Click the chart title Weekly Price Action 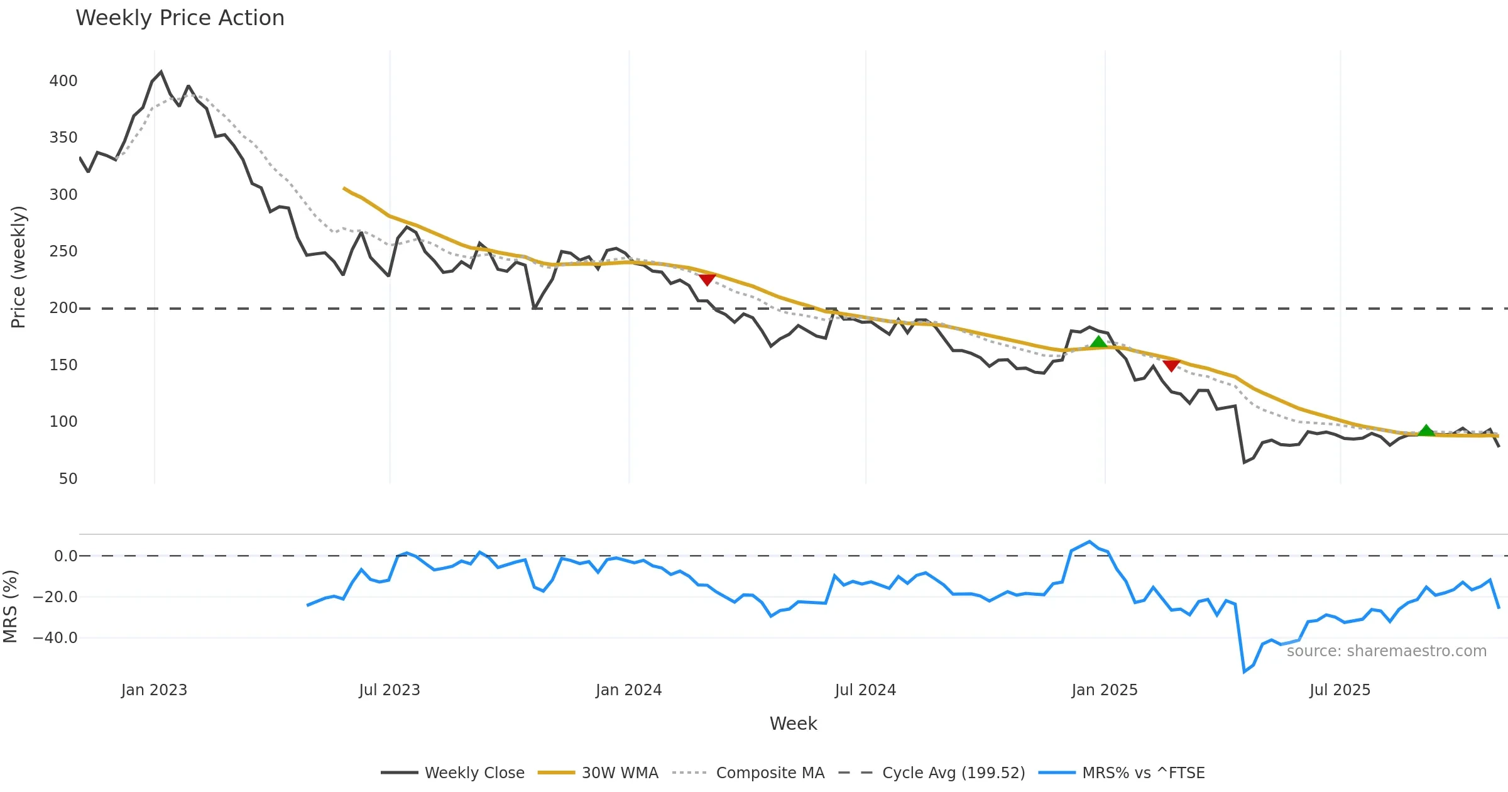pyautogui.click(x=180, y=18)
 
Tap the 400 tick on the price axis pyautogui.click(x=63, y=81)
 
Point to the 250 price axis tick pyautogui.click(x=63, y=251)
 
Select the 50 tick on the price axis pyautogui.click(x=68, y=479)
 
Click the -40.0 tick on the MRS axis pyautogui.click(x=55, y=638)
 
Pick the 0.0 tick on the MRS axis pyautogui.click(x=65, y=556)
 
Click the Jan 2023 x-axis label pyautogui.click(x=154, y=690)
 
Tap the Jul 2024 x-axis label pyautogui.click(x=865, y=690)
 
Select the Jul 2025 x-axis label pyautogui.click(x=1340, y=690)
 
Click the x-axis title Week pyautogui.click(x=793, y=724)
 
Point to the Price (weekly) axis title pyautogui.click(x=18, y=267)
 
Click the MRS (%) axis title pyautogui.click(x=10, y=607)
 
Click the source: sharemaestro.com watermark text pyautogui.click(x=1386, y=651)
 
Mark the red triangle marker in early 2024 pyautogui.click(x=708, y=280)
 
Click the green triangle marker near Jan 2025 pyautogui.click(x=1098, y=342)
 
